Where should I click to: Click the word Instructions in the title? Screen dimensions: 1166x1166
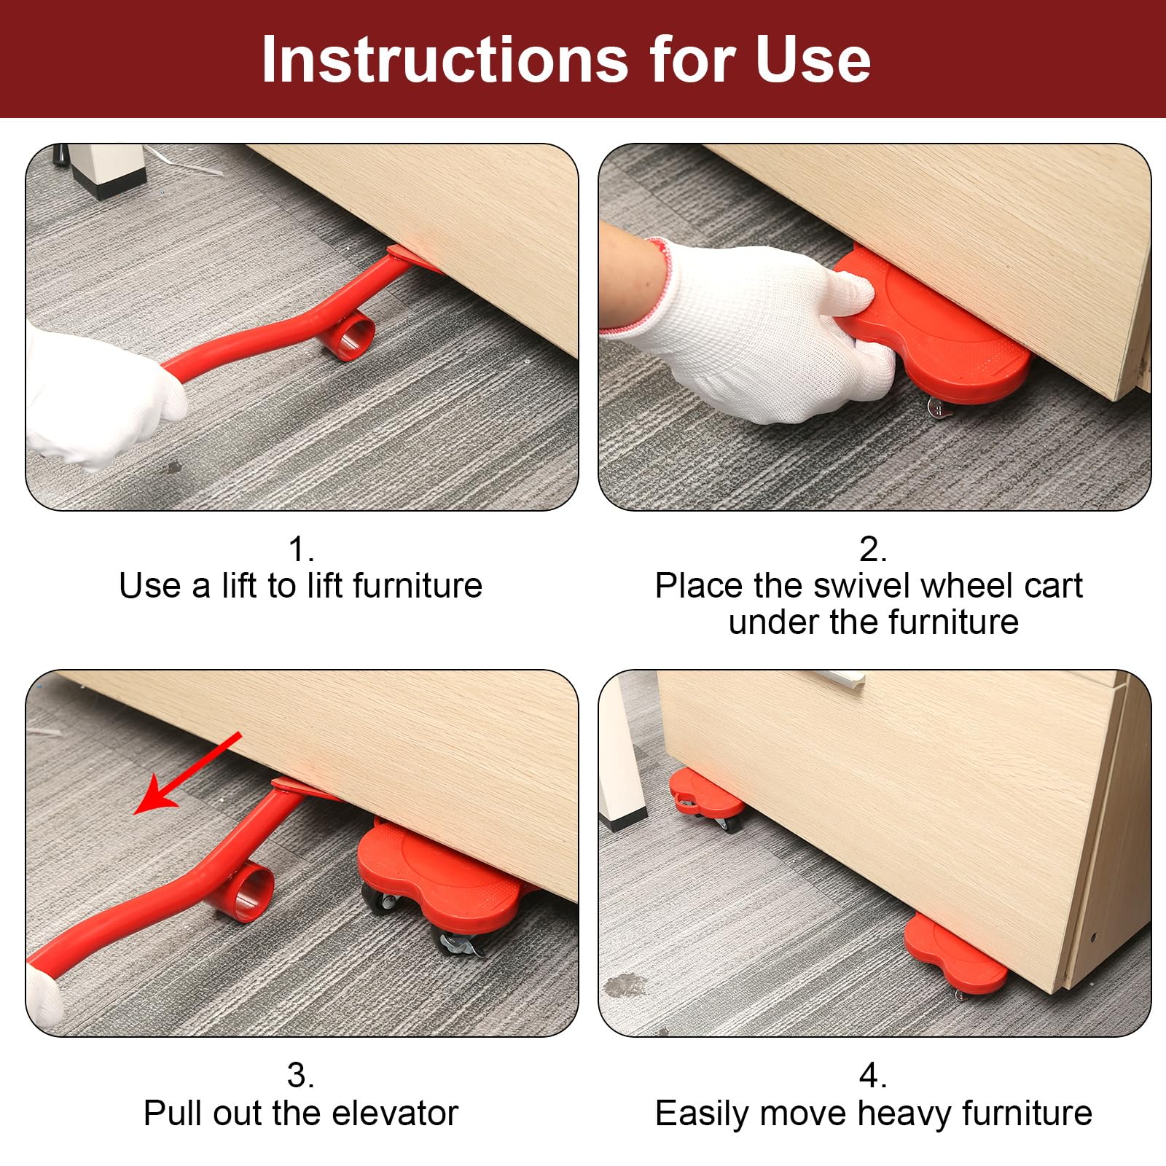click(x=445, y=60)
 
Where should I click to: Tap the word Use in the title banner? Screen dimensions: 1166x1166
click(x=813, y=60)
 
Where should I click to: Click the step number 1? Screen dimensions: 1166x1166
click(x=301, y=549)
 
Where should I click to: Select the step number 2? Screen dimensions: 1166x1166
click(x=873, y=549)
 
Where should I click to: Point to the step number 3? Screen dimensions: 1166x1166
click(x=301, y=1076)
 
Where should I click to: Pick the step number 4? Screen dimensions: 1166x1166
click(x=873, y=1076)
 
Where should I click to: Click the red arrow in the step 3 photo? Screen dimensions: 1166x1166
click(x=189, y=774)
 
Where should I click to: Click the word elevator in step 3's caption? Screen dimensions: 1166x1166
click(x=394, y=1113)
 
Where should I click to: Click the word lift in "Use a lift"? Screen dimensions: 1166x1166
click(x=240, y=585)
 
